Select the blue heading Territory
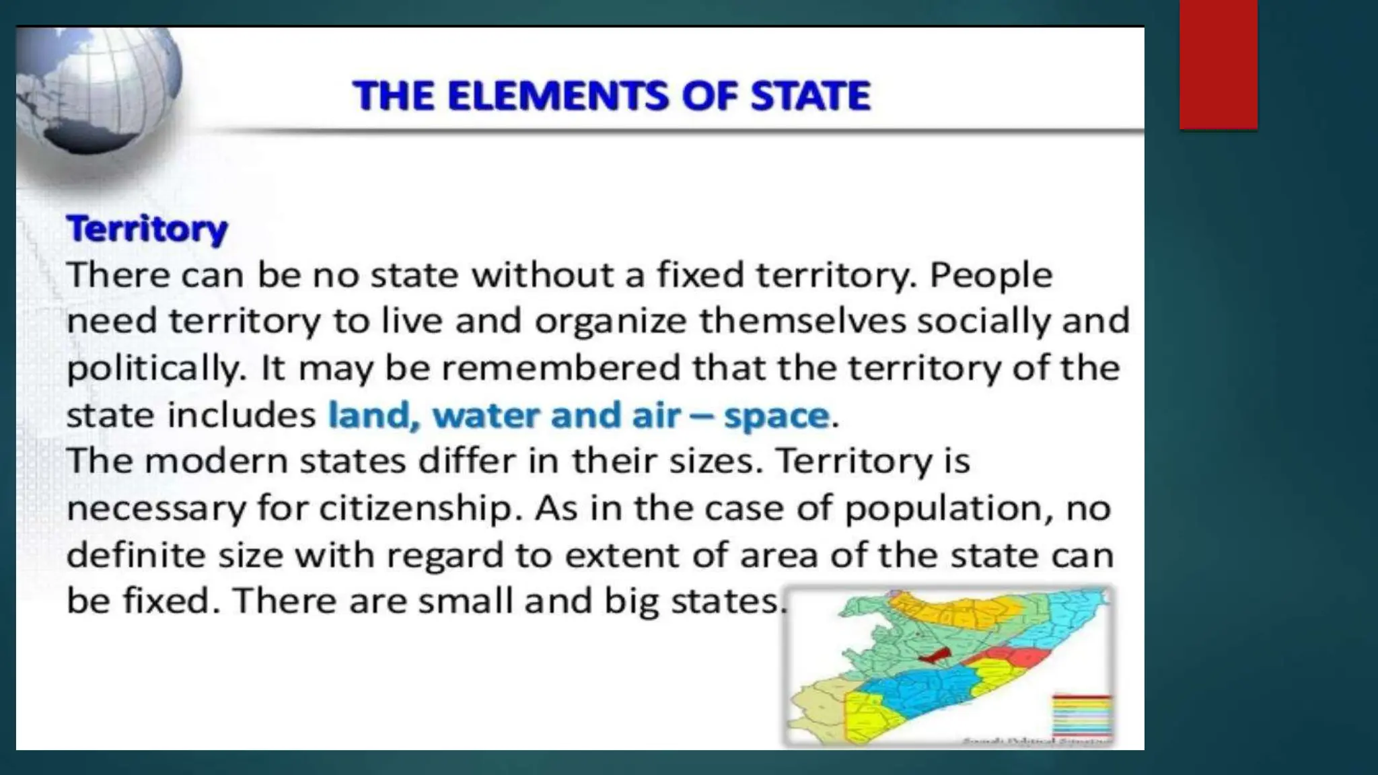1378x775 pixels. point(147,229)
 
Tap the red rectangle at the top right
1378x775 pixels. point(1218,64)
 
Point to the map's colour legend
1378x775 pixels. point(1081,716)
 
